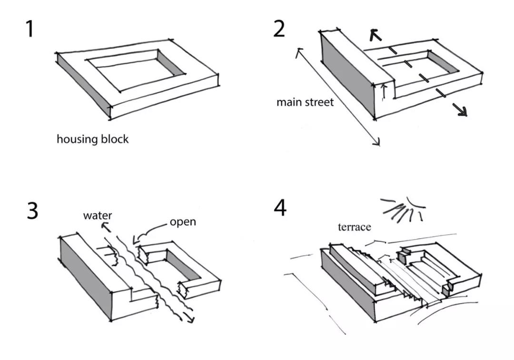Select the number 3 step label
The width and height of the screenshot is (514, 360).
32,210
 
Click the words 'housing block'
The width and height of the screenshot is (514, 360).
92,140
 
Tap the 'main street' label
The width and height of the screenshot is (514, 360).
305,102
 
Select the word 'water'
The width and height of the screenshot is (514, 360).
98,215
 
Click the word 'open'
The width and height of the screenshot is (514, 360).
183,221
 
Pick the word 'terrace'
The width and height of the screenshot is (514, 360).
354,227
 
